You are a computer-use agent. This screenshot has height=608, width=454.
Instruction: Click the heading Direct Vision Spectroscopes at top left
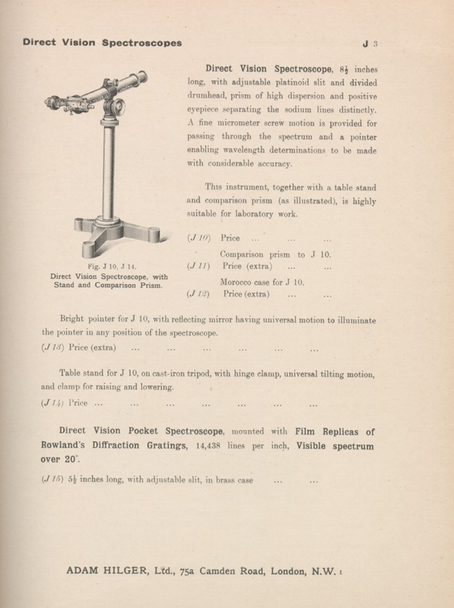102,43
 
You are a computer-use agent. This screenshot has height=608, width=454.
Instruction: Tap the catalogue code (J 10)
199,238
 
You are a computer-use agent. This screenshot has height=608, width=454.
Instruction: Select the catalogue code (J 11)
198,266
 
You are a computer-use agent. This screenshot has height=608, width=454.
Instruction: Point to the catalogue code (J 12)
198,294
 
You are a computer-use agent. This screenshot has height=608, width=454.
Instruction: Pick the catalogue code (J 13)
53,348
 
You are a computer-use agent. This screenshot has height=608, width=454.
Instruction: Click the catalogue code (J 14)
52,403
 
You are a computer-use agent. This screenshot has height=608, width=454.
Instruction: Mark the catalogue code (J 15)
52,480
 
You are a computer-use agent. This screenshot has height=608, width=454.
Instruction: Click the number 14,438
208,446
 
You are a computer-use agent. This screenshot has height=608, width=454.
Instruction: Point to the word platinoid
290,83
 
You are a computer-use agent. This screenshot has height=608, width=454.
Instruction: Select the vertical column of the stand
109,172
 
